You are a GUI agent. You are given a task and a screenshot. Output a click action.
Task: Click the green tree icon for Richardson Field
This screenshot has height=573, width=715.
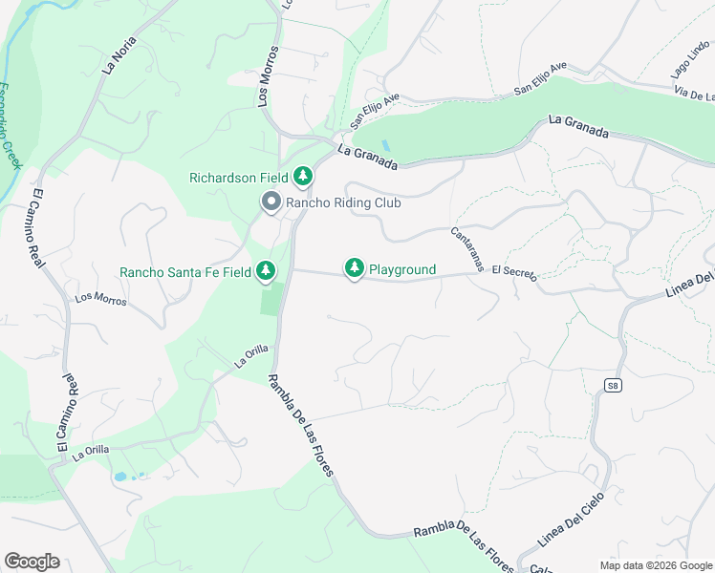303,177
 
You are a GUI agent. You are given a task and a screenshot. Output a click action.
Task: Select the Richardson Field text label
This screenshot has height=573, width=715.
239,178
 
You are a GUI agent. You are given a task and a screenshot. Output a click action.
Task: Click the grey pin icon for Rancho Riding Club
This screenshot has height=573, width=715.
271,202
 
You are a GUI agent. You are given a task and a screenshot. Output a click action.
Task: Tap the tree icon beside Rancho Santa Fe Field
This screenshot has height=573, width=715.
267,272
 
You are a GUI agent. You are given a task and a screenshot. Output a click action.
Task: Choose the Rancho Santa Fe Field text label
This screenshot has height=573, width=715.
185,272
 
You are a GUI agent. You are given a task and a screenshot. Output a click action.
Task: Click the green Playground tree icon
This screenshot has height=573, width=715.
355,270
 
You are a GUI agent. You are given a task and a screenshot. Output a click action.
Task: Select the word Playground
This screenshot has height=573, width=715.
402,270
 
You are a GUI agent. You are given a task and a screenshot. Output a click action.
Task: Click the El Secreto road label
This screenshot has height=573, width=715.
514,272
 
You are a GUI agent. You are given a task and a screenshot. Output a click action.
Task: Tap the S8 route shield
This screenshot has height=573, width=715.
612,385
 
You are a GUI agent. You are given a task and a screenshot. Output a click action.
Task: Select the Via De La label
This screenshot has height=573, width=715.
695,94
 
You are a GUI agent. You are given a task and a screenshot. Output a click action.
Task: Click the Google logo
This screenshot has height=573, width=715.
32,562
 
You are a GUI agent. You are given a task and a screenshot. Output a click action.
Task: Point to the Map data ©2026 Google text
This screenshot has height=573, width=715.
655,565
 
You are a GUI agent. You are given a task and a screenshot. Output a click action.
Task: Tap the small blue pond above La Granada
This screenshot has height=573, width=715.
384,145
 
